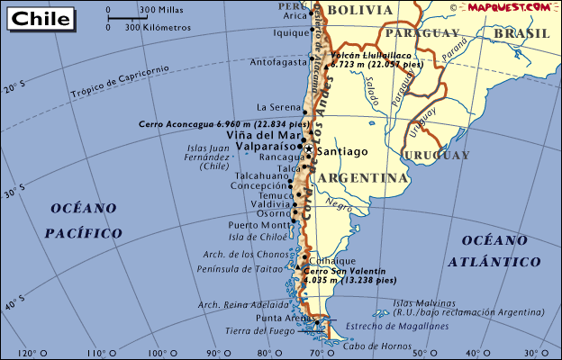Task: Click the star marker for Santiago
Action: point(309,148)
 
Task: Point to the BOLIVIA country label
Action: point(360,10)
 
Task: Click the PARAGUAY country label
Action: point(427,33)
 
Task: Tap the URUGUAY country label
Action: point(436,156)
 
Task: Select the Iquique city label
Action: point(292,33)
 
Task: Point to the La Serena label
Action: point(277,106)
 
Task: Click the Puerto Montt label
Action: point(257,225)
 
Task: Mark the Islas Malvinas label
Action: point(418,303)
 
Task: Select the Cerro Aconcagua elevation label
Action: point(224,123)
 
